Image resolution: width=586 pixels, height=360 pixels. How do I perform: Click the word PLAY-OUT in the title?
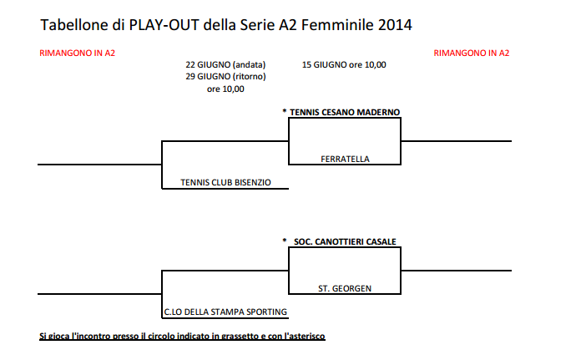164,25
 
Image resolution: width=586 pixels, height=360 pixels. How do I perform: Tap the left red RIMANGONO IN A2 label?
77,53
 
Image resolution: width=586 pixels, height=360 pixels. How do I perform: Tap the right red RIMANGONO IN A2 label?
472,53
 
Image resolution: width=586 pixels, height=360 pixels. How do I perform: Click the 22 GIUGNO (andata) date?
225,64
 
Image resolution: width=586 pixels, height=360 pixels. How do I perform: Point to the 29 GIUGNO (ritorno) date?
225,77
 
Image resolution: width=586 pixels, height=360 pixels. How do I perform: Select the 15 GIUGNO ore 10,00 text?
344,64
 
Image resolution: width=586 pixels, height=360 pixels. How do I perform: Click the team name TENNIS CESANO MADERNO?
345,112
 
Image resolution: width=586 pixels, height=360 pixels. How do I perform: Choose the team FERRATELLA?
345,159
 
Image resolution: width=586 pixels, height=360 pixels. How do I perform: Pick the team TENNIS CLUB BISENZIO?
225,182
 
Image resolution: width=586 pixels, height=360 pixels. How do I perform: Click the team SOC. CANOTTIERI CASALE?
345,242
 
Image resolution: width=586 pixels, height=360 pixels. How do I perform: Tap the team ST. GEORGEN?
345,289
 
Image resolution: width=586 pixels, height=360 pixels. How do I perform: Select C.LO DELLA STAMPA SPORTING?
225,312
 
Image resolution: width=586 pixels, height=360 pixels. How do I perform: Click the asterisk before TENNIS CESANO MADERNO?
285,111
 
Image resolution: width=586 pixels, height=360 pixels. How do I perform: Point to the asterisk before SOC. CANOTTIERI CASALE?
285,241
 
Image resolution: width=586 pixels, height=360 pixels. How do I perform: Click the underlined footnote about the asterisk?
182,337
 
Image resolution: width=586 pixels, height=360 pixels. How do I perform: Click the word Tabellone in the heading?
74,25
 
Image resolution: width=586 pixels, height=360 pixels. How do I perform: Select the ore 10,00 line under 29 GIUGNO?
225,89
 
